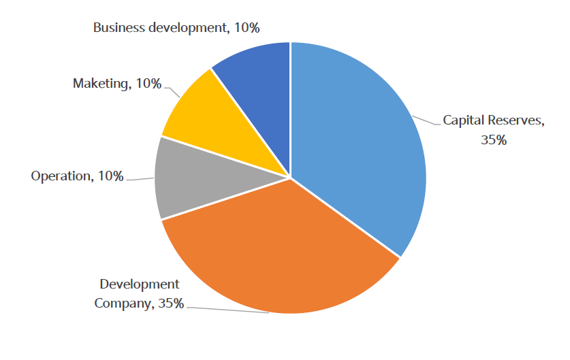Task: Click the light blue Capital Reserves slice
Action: coord(361,143)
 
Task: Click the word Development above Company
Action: coord(140,284)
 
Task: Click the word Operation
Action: coord(61,176)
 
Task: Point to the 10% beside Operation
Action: coord(110,176)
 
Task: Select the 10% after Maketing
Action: coord(148,84)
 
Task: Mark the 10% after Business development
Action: coord(247,28)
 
